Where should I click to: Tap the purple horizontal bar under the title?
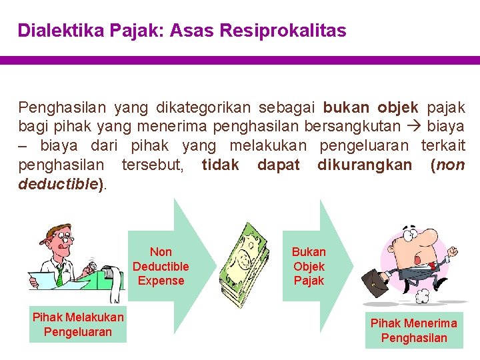pos(240,60)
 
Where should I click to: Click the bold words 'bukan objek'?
pos(371,107)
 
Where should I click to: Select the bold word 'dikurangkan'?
pos(365,165)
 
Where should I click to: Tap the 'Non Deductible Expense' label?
pos(161,267)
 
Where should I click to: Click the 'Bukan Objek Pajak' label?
pos(309,267)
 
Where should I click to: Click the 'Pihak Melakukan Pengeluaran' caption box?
pos(78,324)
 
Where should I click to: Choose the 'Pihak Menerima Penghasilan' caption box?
pos(414,330)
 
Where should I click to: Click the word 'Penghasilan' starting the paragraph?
pos(61,107)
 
